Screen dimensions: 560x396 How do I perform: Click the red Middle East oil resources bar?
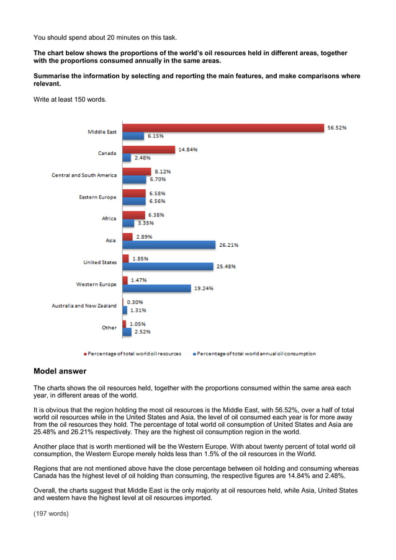pyautogui.click(x=223, y=128)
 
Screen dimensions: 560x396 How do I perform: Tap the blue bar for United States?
pyautogui.click(x=168, y=267)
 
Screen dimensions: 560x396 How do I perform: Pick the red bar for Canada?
pyautogui.click(x=149, y=149)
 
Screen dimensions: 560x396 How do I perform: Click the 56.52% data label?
pyautogui.click(x=336, y=128)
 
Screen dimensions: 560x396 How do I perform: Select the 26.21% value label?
pyautogui.click(x=228, y=245)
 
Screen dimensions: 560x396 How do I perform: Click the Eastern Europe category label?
pyautogui.click(x=97, y=197)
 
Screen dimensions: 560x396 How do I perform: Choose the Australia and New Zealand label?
pyautogui.click(x=84, y=306)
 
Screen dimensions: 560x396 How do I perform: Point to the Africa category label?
pyautogui.click(x=109, y=218)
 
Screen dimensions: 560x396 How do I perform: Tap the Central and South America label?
pyautogui.click(x=84, y=176)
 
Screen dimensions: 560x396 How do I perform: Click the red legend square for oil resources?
pyautogui.click(x=85, y=353)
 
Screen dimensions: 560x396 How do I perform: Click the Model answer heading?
pyautogui.click(x=60, y=371)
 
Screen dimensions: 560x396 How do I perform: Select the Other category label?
pyautogui.click(x=109, y=327)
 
